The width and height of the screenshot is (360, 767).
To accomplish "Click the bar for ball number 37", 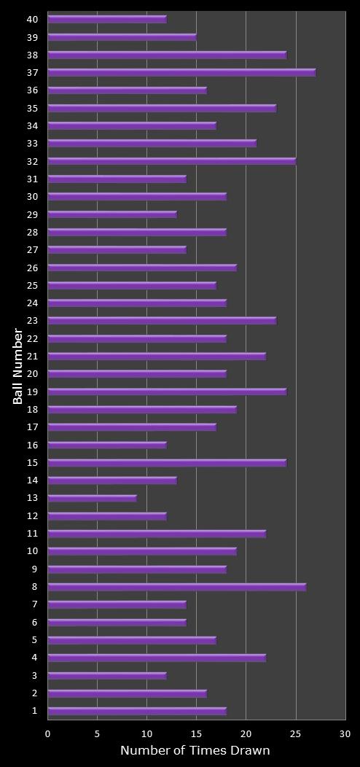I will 181,72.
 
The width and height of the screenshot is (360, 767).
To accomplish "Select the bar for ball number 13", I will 92,498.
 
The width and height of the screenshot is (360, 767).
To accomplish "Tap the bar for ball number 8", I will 176,586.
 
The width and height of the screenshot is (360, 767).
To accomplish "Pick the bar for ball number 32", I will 171,161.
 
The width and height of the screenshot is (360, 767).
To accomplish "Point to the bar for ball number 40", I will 107,19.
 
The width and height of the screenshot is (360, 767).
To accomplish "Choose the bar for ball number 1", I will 137,711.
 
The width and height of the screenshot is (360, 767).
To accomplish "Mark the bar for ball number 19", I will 167,392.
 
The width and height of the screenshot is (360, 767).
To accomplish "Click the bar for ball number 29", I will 112,214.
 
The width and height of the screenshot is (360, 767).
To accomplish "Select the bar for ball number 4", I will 157,658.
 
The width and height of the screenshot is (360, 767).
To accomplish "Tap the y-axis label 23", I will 33,320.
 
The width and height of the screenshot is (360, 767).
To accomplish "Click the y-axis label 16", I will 33,445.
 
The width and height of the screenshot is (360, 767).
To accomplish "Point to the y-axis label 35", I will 33,108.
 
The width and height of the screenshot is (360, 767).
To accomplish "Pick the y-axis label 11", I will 33,533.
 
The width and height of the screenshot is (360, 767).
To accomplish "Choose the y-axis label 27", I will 33,249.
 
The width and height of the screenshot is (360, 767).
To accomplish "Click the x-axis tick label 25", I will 295,733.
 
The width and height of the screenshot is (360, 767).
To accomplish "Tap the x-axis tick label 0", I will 48,733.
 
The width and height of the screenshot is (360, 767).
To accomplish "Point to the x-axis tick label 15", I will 196,733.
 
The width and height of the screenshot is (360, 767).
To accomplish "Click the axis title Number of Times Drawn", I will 195,750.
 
